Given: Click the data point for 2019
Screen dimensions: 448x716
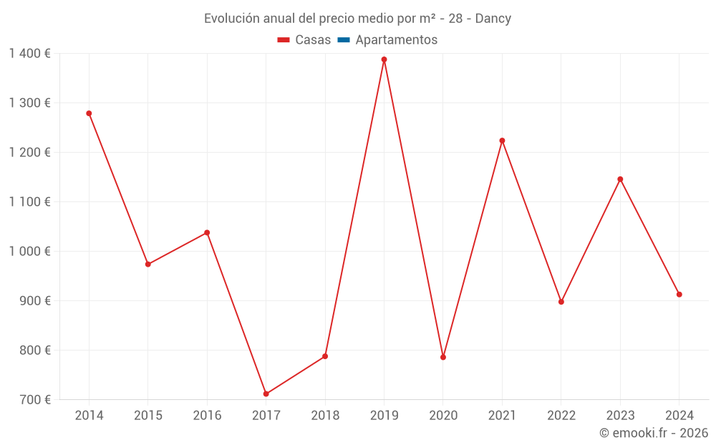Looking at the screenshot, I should [x=384, y=59].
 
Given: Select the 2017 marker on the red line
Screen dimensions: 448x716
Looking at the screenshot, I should [x=266, y=394].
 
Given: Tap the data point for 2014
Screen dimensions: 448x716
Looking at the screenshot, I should [x=89, y=113].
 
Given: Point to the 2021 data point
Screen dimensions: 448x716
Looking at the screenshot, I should [x=502, y=140].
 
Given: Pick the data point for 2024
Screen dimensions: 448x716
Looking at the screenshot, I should [x=679, y=295].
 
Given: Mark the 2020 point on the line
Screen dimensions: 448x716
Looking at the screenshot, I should [x=443, y=357].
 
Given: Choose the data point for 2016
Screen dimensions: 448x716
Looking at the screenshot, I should [x=207, y=232].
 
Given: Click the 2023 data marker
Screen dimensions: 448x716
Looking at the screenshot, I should [x=620, y=179].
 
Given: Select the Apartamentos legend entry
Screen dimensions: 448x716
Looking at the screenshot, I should [x=396, y=40].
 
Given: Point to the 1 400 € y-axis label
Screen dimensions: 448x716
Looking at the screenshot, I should [x=30, y=54].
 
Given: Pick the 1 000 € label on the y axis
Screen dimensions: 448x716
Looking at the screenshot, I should [x=30, y=252].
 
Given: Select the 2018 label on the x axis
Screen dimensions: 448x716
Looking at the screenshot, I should [x=325, y=416].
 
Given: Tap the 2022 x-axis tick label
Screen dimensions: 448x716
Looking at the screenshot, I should [x=561, y=416].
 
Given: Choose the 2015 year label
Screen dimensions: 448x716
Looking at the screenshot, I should [x=148, y=416].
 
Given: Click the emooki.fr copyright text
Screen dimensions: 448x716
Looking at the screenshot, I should [x=654, y=433].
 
